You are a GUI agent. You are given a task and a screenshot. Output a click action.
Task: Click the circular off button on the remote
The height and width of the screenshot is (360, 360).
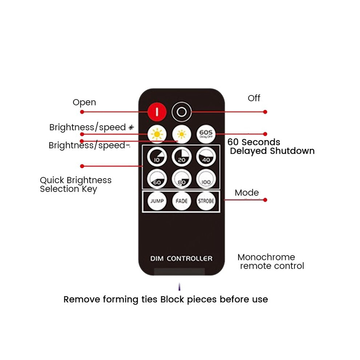click(181, 112)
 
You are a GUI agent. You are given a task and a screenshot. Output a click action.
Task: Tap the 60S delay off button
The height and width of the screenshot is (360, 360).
click(206, 134)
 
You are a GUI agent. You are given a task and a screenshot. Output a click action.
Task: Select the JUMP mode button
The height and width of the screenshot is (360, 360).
click(157, 201)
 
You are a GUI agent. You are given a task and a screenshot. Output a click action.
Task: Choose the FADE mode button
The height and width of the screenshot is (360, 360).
click(181, 201)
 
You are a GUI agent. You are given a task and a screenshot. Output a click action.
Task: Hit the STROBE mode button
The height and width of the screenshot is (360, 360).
click(206, 201)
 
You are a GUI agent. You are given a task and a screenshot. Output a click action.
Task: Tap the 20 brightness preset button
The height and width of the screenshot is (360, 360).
click(181, 157)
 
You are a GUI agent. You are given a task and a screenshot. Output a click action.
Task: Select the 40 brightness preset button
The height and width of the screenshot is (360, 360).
click(206, 157)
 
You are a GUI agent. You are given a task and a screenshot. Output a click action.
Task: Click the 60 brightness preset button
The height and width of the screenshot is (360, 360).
click(157, 179)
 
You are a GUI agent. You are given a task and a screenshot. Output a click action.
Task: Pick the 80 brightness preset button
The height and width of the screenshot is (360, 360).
click(181, 179)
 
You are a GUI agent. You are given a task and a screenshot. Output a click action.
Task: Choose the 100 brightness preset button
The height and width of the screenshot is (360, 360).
click(206, 179)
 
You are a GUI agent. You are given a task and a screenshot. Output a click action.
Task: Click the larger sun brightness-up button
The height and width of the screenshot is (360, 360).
click(157, 134)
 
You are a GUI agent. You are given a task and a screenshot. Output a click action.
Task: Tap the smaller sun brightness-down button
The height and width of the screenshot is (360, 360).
click(181, 134)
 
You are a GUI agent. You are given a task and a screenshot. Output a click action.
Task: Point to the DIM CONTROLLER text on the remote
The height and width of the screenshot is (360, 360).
click(181, 259)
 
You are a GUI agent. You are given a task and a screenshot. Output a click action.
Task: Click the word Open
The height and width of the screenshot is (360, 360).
click(84, 103)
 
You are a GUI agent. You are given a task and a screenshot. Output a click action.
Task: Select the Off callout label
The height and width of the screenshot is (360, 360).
click(254, 98)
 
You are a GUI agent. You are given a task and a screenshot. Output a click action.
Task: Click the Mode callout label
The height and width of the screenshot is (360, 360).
click(247, 193)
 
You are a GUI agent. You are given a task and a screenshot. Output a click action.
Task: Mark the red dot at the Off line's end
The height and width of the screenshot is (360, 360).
click(265, 112)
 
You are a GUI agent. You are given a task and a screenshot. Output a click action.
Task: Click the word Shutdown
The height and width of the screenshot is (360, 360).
click(292, 151)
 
